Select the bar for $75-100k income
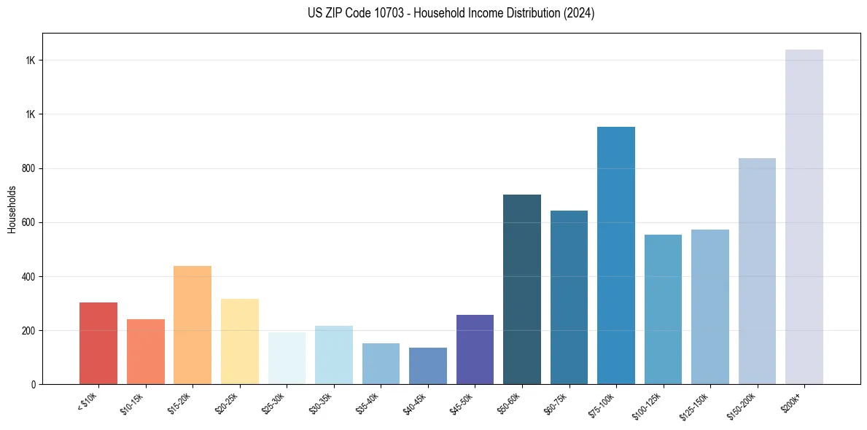click(x=615, y=255)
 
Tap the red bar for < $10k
click(x=98, y=343)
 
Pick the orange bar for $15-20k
click(x=193, y=324)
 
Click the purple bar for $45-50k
click(x=475, y=349)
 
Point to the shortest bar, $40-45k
click(x=428, y=366)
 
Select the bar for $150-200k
click(x=757, y=270)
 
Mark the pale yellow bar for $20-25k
click(x=239, y=341)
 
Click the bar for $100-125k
click(x=663, y=309)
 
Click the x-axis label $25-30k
click(x=273, y=403)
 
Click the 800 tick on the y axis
click(x=30, y=168)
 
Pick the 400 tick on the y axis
click(x=30, y=276)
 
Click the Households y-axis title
click(x=12, y=208)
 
